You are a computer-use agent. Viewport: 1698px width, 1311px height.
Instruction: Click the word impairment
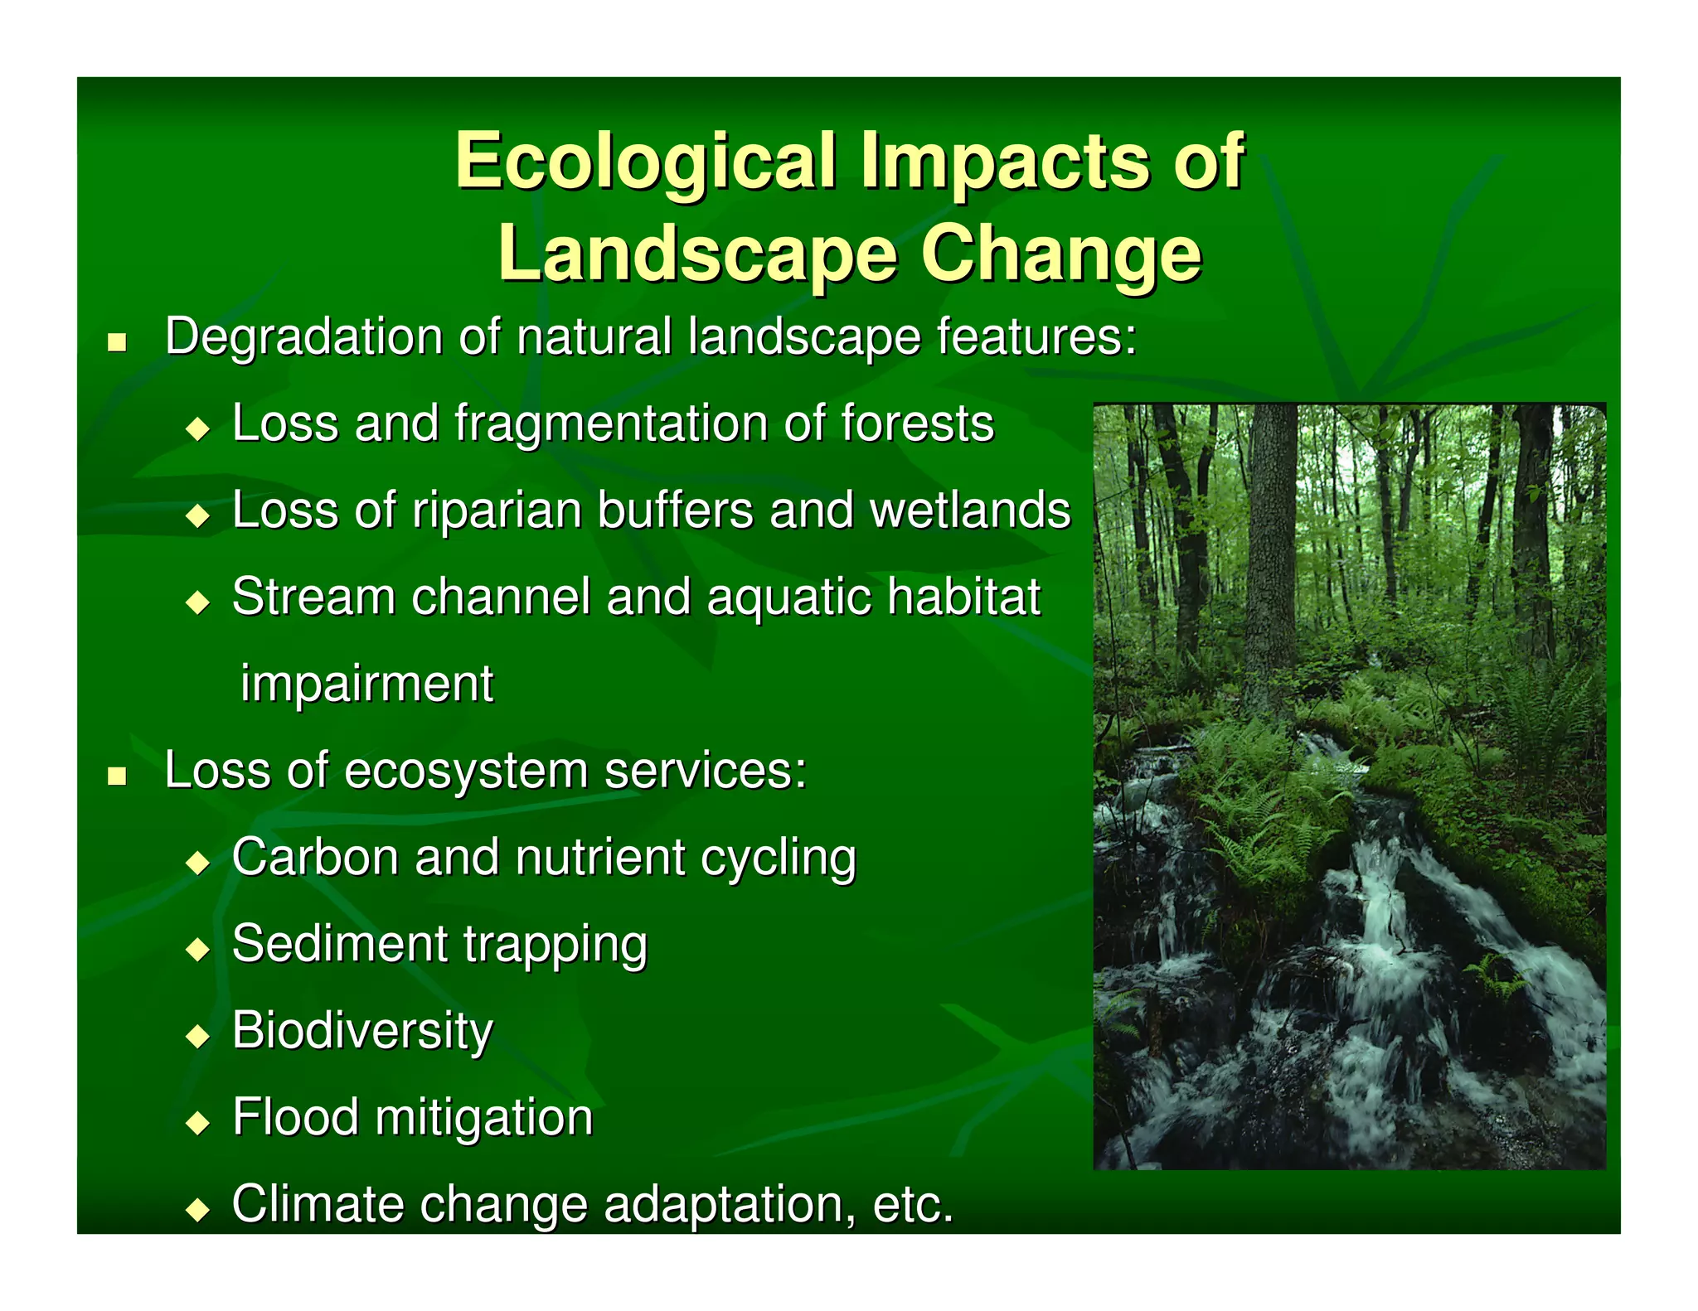click(366, 684)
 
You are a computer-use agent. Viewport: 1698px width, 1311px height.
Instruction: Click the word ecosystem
click(465, 771)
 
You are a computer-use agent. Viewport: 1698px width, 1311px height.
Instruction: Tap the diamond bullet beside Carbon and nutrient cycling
click(198, 864)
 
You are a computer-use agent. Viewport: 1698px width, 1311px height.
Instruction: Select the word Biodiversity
click(362, 1031)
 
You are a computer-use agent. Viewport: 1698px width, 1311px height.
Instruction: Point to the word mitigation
click(484, 1118)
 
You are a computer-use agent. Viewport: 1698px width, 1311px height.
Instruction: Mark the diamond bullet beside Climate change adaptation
click(198, 1210)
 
